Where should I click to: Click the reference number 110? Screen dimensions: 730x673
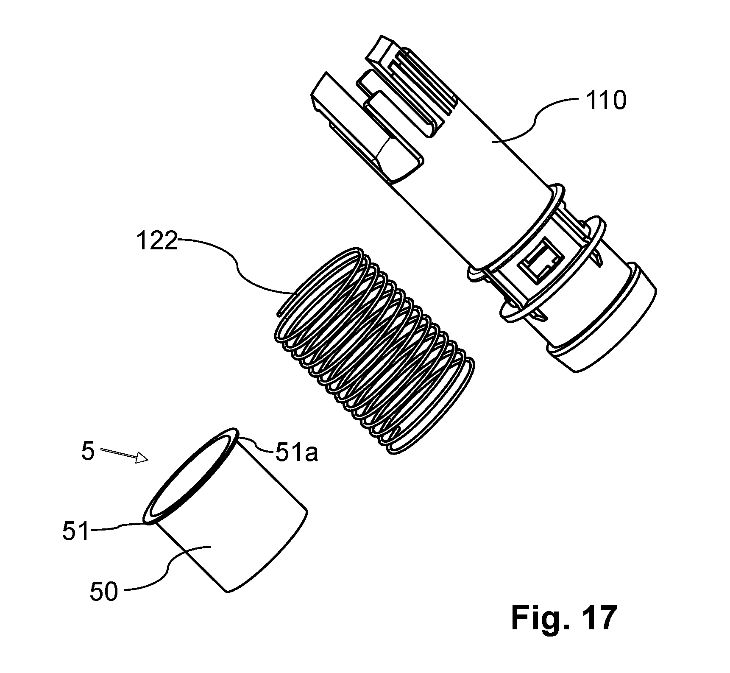pos(606,102)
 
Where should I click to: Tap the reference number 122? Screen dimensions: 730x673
pos(156,242)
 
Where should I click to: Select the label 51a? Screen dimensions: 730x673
pos(296,454)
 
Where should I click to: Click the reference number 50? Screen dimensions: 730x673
pos(104,591)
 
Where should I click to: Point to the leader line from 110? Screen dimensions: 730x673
pos(536,120)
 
